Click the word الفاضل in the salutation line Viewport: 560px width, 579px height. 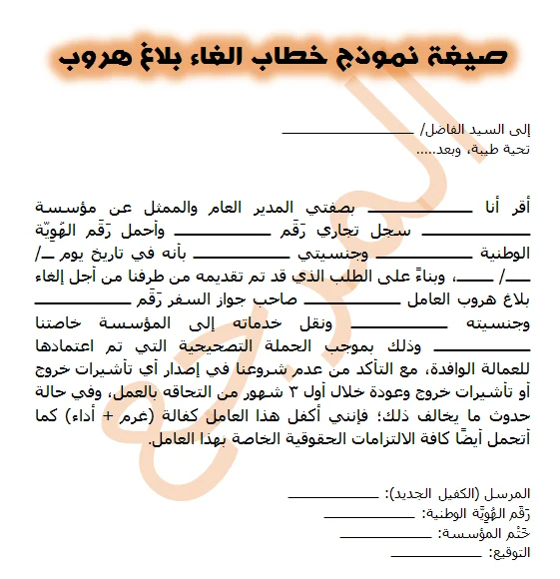pyautogui.click(x=445, y=130)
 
